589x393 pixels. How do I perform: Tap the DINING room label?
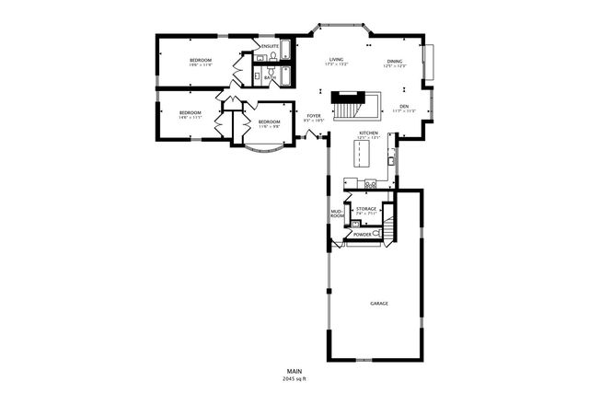395,61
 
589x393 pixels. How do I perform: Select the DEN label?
403,106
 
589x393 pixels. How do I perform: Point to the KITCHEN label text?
369,133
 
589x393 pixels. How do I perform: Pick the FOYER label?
314,115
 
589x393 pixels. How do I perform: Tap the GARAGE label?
378,302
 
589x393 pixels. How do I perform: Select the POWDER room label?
363,235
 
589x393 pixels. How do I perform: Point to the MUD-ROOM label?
337,214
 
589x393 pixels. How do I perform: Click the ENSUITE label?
270,46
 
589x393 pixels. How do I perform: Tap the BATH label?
270,78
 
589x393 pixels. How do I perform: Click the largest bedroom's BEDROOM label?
201,61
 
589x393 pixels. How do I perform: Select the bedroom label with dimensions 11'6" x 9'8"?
269,122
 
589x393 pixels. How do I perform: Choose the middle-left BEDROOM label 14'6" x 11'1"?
190,113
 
